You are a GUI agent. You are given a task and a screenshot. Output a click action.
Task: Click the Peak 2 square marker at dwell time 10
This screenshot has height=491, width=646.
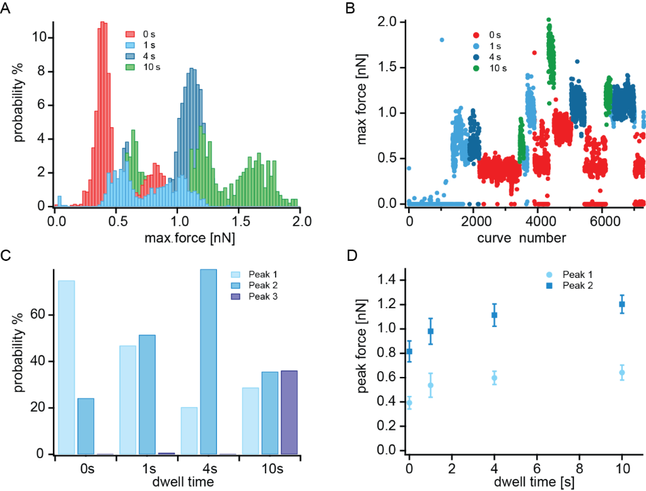[x=621, y=304]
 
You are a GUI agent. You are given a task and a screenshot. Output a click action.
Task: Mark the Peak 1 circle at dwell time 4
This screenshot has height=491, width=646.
[x=495, y=378]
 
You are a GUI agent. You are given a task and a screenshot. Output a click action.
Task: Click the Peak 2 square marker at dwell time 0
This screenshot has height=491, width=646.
[x=409, y=352]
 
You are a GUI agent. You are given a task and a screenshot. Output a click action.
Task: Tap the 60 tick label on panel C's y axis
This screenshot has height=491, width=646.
[x=40, y=315]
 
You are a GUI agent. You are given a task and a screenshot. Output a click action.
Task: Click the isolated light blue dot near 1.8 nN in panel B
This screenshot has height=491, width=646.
[x=442, y=40]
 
